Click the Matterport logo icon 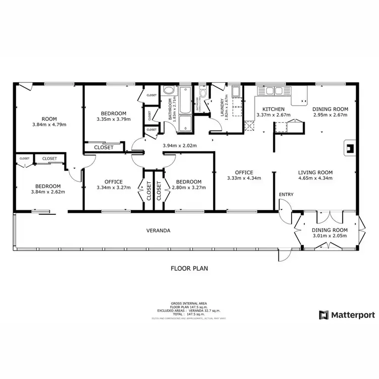323,315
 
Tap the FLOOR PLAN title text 189,268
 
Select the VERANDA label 158,230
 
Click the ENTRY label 286,195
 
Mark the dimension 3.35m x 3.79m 114,119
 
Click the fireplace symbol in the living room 349,148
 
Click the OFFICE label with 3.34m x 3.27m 114,182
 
